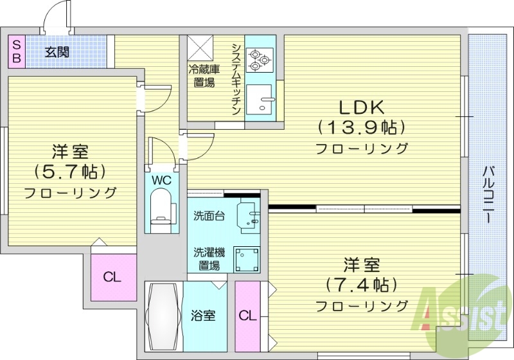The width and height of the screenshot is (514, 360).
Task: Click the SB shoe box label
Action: (17, 51)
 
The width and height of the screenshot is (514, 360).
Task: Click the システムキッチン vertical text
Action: (236, 78)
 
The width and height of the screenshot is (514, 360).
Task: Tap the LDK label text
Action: (359, 106)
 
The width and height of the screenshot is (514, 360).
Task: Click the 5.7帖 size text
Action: (69, 172)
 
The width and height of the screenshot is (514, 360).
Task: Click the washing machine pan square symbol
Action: (247, 260)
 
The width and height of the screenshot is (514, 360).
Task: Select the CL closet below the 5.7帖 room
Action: (113, 278)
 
